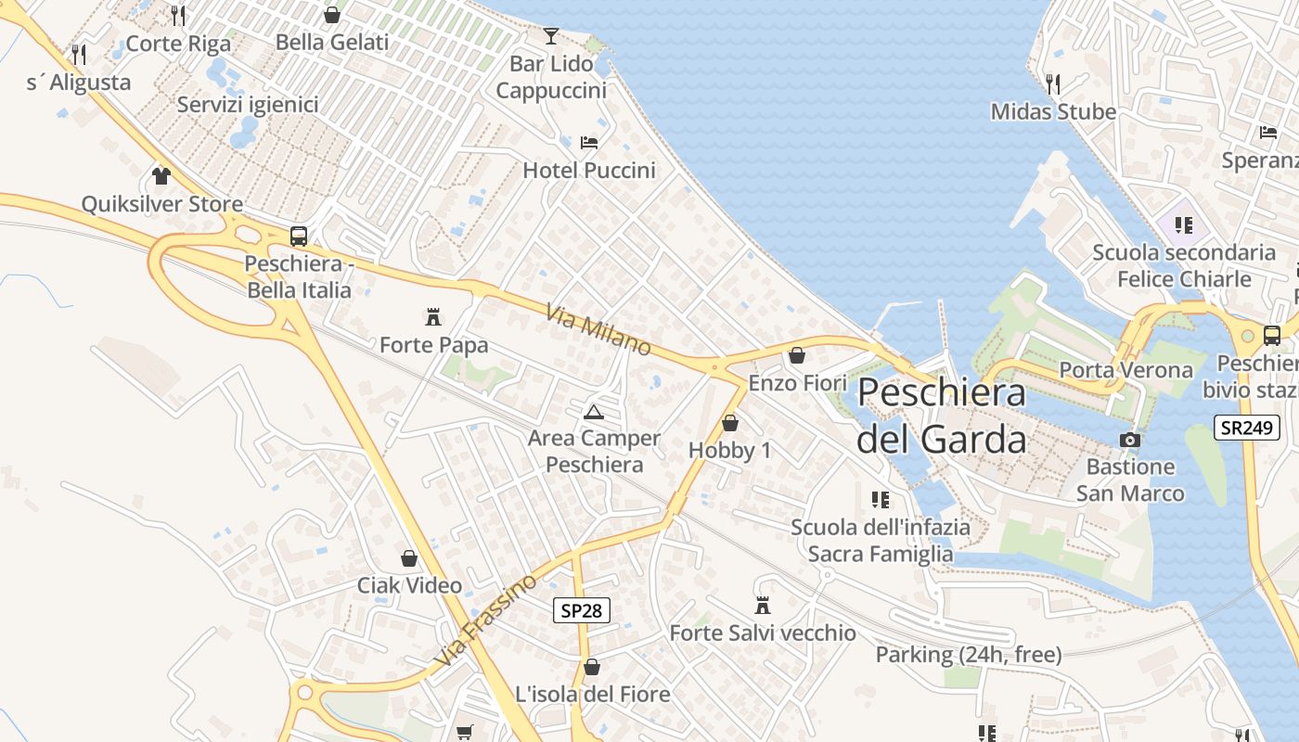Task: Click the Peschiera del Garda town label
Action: (x=941, y=416)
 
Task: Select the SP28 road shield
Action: (x=583, y=609)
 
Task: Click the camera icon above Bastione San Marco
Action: (x=1129, y=440)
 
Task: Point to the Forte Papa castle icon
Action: (x=432, y=317)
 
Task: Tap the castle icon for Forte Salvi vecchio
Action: (x=763, y=606)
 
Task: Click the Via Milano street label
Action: (x=598, y=329)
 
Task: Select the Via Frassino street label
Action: (x=485, y=620)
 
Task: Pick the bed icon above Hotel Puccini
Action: (x=588, y=143)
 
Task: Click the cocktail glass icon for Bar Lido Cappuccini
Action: (x=551, y=36)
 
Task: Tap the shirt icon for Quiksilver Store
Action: (x=161, y=175)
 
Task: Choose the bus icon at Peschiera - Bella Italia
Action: (x=298, y=236)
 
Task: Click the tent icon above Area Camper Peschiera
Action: (x=594, y=411)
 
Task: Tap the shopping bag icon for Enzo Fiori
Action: (x=796, y=354)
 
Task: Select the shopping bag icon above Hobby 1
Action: (x=730, y=423)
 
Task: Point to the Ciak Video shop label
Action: (x=409, y=585)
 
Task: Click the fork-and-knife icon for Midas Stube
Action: (x=1052, y=83)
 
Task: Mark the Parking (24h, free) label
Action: (x=969, y=655)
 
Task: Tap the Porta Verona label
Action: (x=1125, y=370)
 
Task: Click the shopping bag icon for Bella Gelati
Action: (x=331, y=15)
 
